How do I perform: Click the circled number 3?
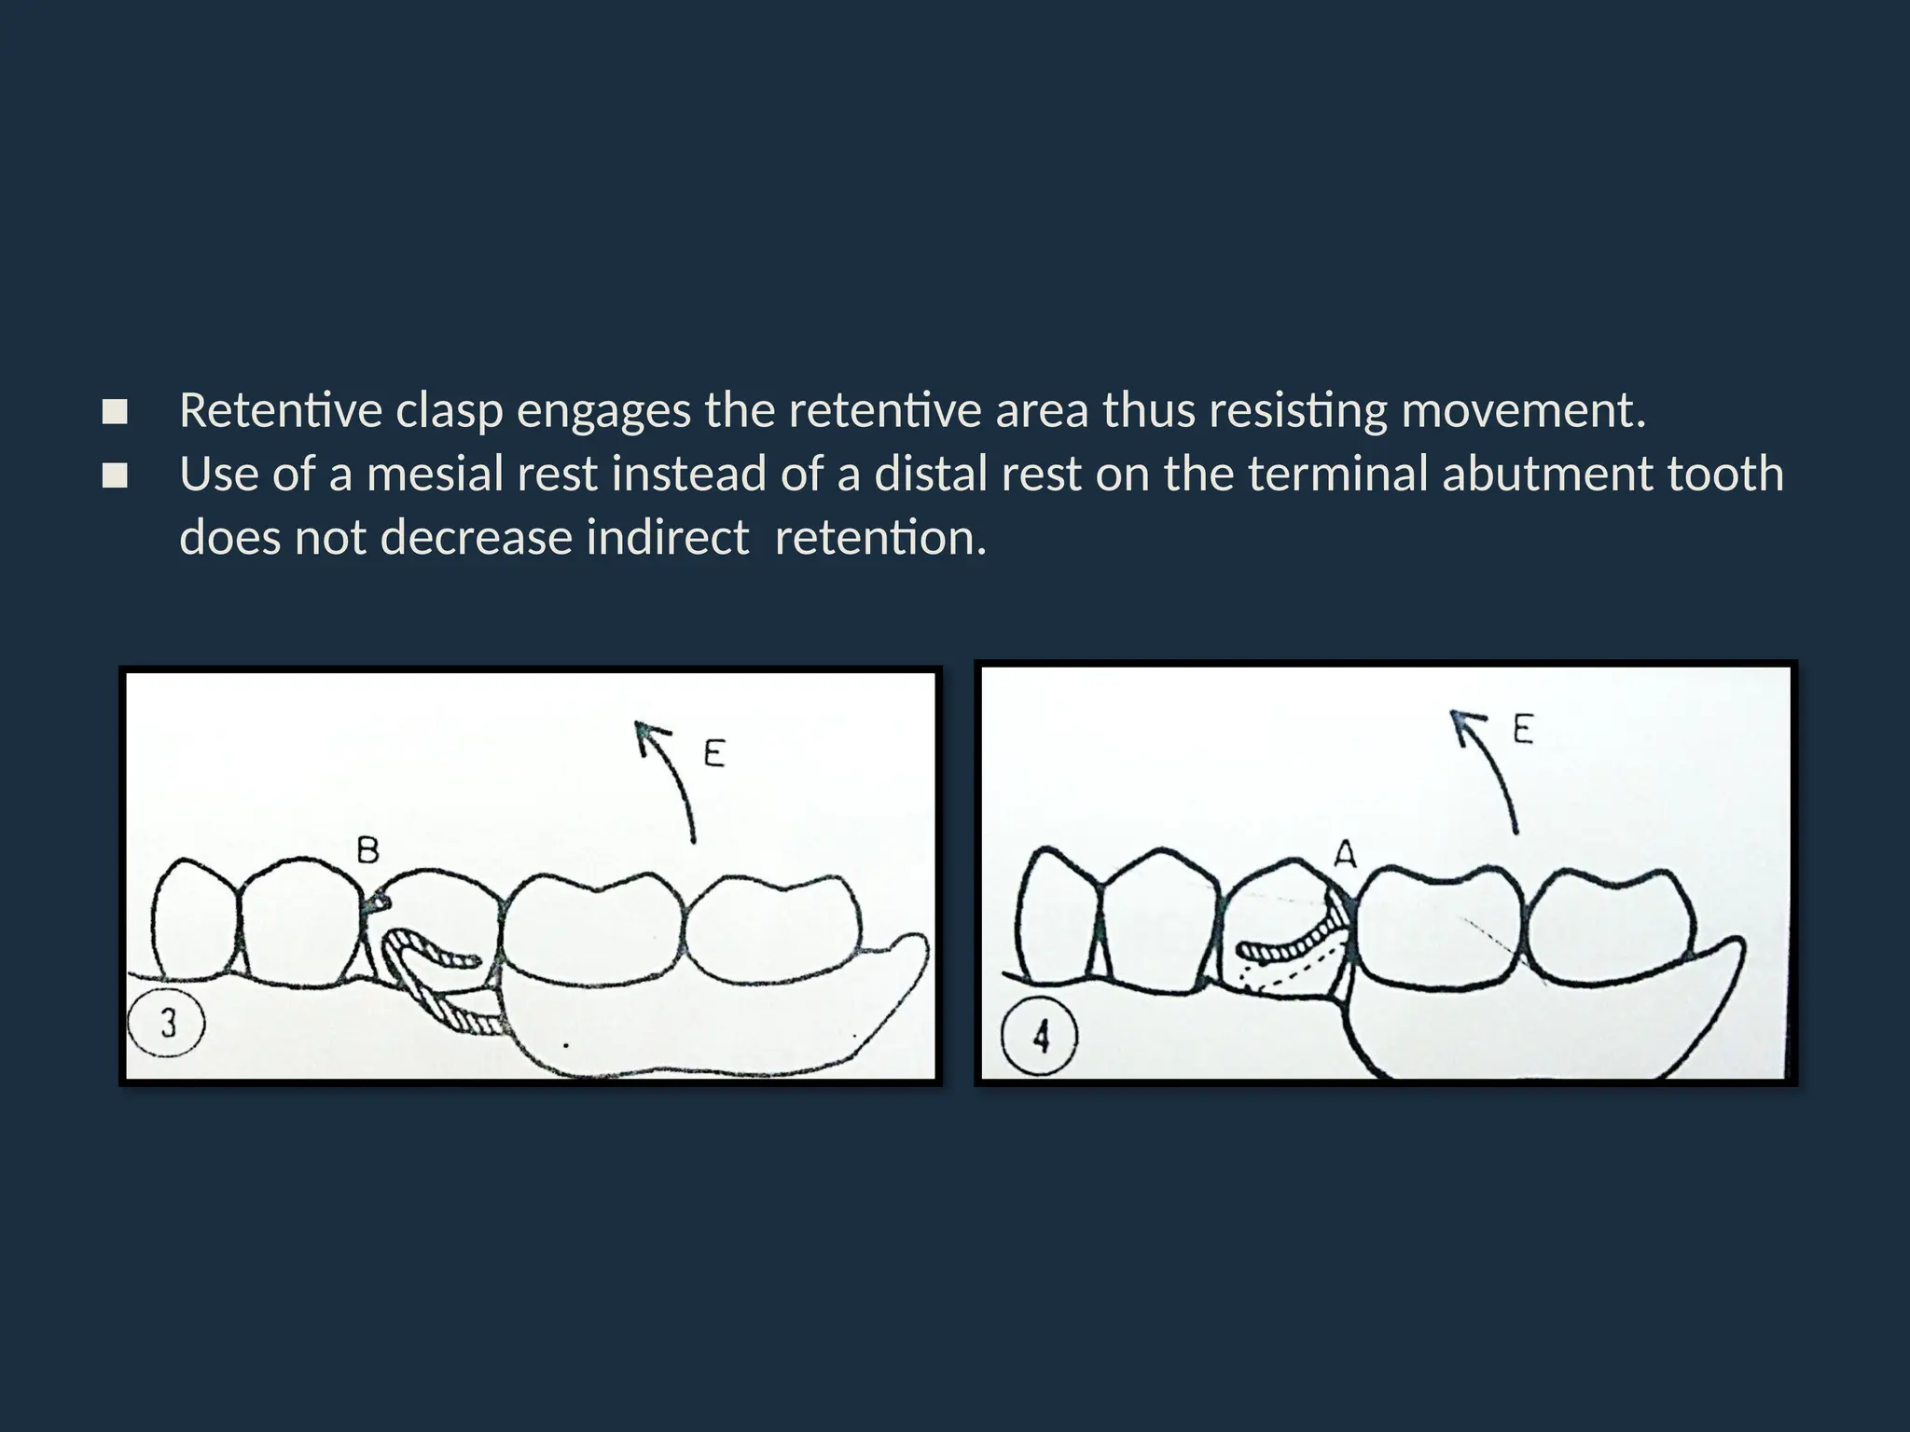tap(167, 1024)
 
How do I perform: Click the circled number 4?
tap(1040, 1036)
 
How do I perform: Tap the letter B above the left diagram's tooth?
tap(367, 850)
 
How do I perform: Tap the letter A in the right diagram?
tap(1344, 853)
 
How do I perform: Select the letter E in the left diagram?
tap(714, 753)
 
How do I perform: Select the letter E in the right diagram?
tap(1523, 729)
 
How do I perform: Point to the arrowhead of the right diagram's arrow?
tap(1460, 721)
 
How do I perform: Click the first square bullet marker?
tap(115, 412)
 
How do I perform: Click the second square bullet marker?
tap(115, 476)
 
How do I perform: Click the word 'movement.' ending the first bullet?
tap(1524, 411)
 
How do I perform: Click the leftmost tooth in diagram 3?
tap(194, 923)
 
